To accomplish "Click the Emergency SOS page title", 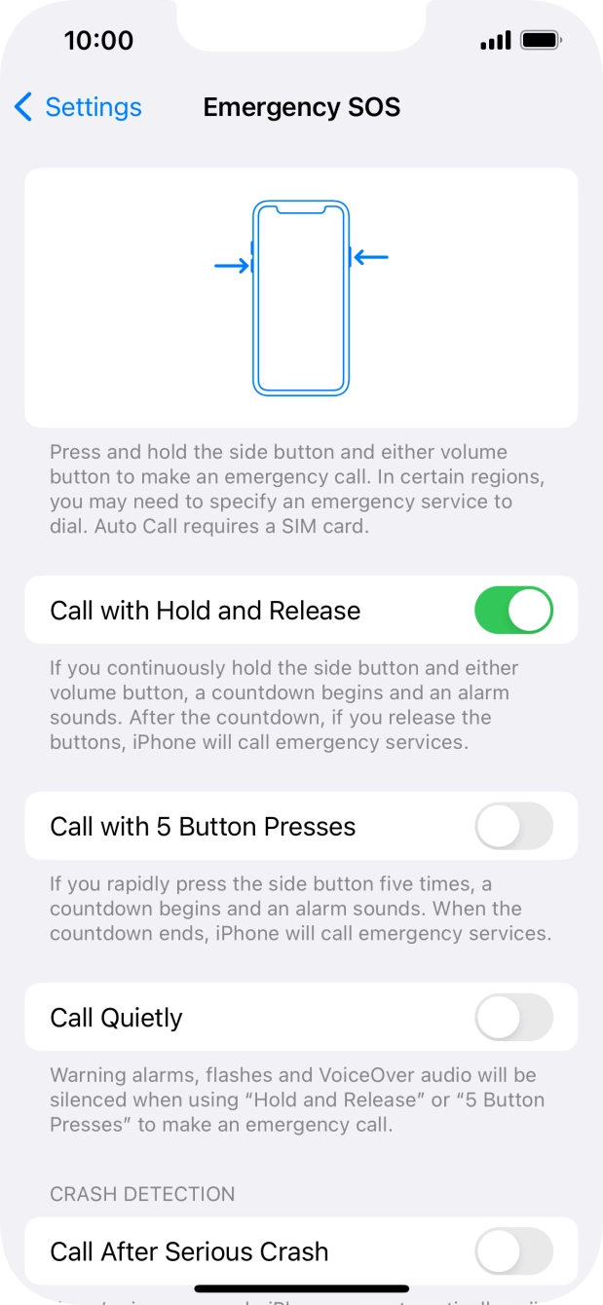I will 301,107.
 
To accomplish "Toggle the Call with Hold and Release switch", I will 513,611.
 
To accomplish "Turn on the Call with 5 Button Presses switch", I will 513,827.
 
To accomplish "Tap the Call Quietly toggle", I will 513,1018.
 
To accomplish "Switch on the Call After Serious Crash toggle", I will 513,1251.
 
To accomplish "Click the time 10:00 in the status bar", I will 98,40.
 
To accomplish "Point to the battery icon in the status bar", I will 540,40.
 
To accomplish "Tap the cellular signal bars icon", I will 496,41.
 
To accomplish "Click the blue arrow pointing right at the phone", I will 232,265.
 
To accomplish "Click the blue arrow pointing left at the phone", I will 371,257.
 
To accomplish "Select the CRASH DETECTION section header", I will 142,1194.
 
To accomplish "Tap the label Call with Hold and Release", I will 205,611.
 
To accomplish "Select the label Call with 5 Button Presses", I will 203,827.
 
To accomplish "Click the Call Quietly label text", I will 116,1018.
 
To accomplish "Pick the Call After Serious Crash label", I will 189,1251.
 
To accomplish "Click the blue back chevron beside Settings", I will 23,107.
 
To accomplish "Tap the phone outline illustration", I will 301,297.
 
